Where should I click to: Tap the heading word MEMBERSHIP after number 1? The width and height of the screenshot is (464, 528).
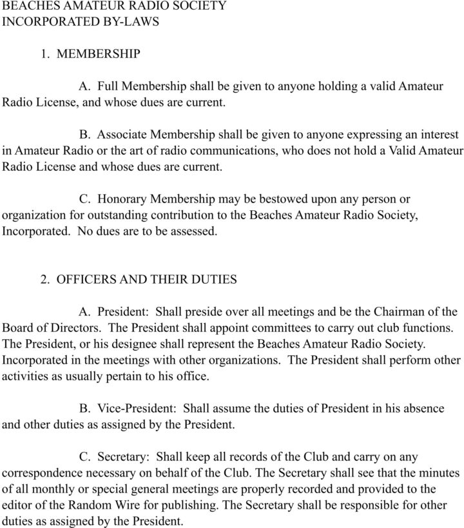pos(98,54)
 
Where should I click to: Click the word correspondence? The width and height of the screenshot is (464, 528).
pos(41,473)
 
